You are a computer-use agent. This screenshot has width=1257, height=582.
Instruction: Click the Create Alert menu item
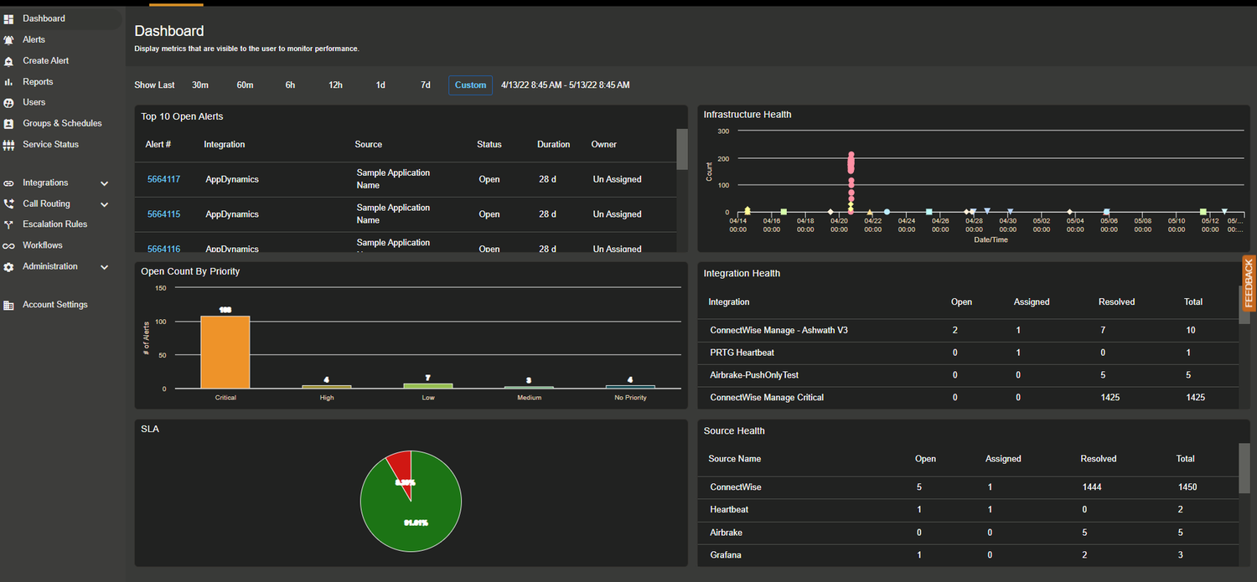46,61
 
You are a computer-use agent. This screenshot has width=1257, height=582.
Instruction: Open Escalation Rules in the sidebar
54,224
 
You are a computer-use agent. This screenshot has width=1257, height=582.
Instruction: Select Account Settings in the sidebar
54,305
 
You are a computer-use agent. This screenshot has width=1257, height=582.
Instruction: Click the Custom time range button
470,85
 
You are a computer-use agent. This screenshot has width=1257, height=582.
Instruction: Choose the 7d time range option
425,85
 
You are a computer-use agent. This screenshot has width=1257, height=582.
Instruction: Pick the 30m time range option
200,85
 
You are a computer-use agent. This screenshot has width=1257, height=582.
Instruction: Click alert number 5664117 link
163,179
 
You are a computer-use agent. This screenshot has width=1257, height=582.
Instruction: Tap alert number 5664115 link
163,214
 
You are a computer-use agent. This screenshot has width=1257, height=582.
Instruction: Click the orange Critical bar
225,353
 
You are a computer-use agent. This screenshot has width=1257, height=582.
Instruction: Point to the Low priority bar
428,386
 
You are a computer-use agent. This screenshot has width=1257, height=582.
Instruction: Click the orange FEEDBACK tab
1249,283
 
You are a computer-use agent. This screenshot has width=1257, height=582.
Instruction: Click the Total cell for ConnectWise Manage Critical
1195,398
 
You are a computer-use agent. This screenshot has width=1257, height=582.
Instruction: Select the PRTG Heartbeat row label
742,353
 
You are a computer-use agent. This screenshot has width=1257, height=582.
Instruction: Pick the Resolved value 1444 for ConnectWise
1091,487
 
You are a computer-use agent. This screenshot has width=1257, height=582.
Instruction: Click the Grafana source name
725,555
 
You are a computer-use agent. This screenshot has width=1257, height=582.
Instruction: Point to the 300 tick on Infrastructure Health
723,131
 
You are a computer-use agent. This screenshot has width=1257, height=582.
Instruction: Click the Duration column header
553,145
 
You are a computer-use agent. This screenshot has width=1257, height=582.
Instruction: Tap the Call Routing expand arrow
105,204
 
